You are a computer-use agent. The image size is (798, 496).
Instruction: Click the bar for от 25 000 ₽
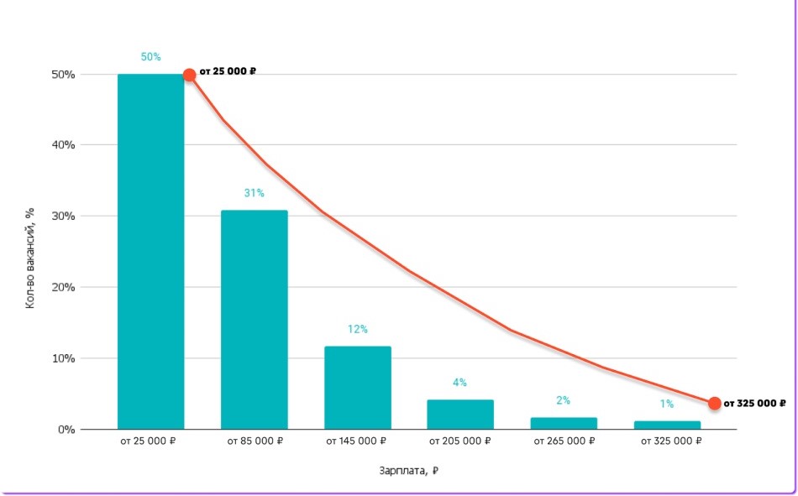point(150,252)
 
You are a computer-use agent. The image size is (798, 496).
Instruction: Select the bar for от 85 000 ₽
point(254,320)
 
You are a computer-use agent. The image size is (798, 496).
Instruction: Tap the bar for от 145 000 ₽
point(358,388)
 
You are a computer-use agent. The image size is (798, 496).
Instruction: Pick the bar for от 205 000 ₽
point(460,415)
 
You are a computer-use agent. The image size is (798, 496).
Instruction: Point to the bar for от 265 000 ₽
point(564,423)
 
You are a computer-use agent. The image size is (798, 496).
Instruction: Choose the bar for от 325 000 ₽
point(667,425)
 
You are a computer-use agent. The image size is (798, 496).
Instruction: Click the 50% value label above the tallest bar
point(150,57)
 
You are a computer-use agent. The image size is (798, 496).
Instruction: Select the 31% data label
point(254,193)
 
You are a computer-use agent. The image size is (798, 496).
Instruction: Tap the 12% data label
point(358,329)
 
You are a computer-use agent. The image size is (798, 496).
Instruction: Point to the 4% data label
point(460,383)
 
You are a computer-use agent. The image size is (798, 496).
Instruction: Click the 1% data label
point(667,404)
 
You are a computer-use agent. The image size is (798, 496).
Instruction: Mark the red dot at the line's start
point(190,75)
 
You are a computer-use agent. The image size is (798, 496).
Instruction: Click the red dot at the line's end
point(715,403)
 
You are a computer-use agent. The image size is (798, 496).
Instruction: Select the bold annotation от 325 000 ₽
point(755,404)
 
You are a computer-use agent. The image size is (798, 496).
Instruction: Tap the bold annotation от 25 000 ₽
point(228,71)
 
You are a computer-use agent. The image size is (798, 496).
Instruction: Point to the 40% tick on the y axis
point(64,145)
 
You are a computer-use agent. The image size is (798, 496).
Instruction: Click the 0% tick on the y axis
point(67,430)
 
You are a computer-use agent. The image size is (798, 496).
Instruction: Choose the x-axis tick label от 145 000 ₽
point(358,440)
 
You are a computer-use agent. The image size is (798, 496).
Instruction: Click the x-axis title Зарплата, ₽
point(408,471)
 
